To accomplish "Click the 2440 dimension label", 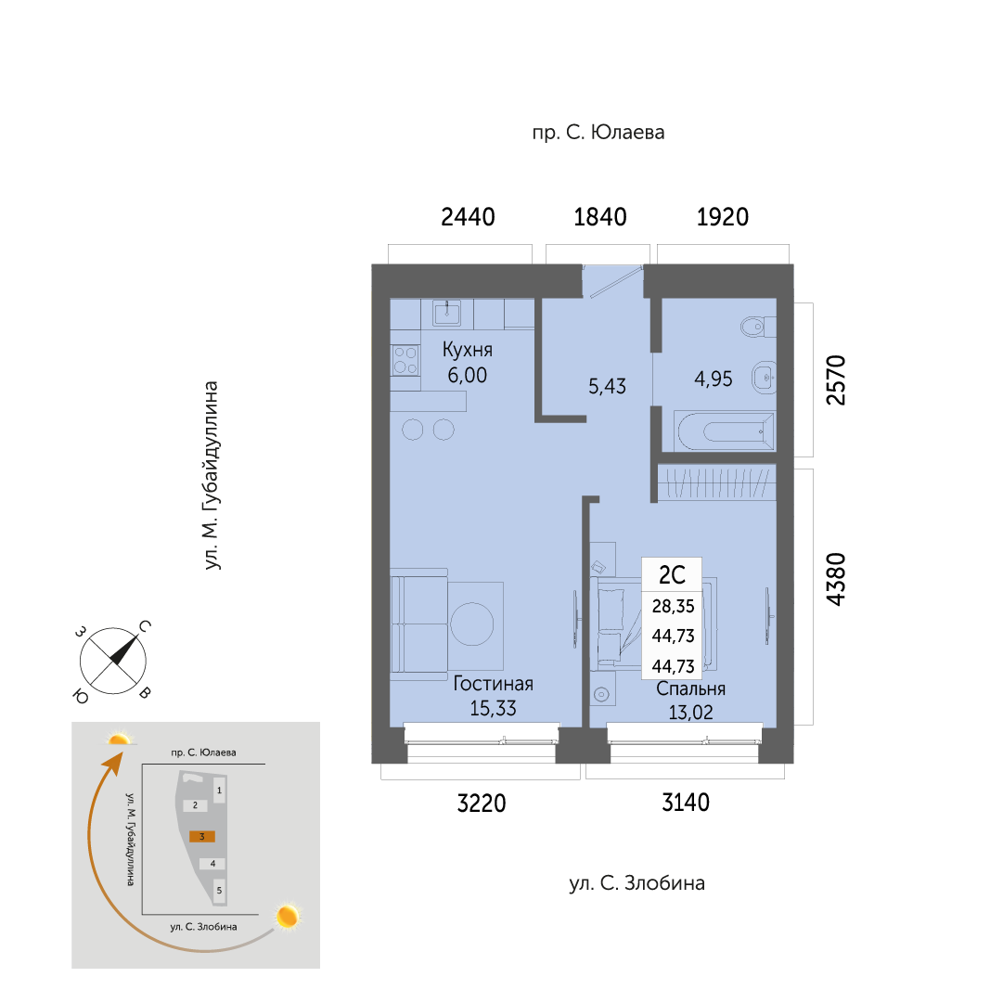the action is click(468, 217).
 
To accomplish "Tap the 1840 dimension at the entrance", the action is click(600, 217).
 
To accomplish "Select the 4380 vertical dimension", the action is click(836, 579).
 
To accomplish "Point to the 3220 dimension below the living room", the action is click(481, 803).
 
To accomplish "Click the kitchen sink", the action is click(446, 314).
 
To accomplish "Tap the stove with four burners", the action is click(405, 360).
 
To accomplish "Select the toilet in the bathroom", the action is click(759, 327).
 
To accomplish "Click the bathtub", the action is click(726, 431).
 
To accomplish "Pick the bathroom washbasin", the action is click(764, 378).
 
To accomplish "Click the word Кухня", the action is click(468, 350).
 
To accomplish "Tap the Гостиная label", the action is click(494, 684).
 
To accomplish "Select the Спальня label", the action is click(691, 688).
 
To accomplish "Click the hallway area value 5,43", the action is click(607, 386).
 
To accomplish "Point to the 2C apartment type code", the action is click(673, 575).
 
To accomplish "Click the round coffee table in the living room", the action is click(472, 624).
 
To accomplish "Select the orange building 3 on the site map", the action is click(202, 837).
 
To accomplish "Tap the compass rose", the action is click(113, 661).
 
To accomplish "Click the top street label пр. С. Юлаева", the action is click(598, 133).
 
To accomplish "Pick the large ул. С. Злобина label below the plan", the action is click(637, 883).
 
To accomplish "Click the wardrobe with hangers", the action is click(717, 482).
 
